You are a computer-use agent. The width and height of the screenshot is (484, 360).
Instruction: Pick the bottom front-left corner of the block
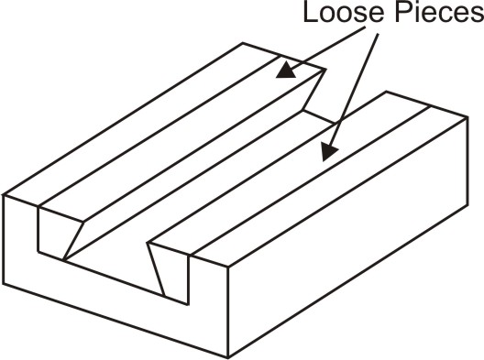(x=6, y=279)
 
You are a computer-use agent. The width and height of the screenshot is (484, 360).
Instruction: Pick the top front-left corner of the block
(x=5, y=194)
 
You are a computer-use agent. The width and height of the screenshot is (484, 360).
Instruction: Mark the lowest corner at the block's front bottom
(x=225, y=353)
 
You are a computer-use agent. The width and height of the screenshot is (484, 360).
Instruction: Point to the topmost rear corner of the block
(x=243, y=42)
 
